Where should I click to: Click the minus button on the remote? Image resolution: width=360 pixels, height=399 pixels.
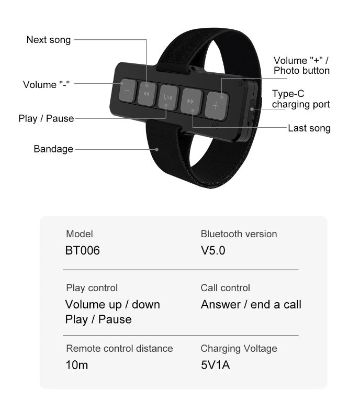point(127,90)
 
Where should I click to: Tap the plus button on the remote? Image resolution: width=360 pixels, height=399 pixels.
point(215,105)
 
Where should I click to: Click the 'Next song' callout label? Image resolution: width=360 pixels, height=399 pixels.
point(48,40)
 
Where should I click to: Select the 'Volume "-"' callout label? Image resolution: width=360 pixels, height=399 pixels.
point(47,84)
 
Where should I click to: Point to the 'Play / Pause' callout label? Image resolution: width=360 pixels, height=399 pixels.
point(46,118)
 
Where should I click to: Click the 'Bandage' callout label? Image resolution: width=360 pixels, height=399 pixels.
point(53,149)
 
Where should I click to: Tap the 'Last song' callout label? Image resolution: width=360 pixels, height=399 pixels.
point(309,128)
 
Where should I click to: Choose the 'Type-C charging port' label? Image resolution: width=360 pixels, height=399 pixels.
point(301,99)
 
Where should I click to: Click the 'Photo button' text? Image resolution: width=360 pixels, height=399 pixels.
point(302,71)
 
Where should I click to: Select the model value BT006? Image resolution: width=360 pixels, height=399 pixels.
point(82,250)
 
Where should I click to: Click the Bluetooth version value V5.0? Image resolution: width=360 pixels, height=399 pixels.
point(213,250)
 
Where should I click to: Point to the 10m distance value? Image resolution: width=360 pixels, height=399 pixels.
point(76,365)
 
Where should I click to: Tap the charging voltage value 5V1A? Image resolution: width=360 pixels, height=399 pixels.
point(215,365)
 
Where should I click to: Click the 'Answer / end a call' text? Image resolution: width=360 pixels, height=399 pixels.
point(251,304)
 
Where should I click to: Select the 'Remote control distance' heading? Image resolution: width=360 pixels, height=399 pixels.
point(119,348)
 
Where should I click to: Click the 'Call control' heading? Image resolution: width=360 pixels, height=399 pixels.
point(225,288)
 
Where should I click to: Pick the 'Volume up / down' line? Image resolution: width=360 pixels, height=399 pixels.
point(113,304)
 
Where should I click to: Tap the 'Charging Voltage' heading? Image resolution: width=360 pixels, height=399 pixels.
point(239,348)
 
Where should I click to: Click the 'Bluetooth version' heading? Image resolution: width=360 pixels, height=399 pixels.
point(239,234)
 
